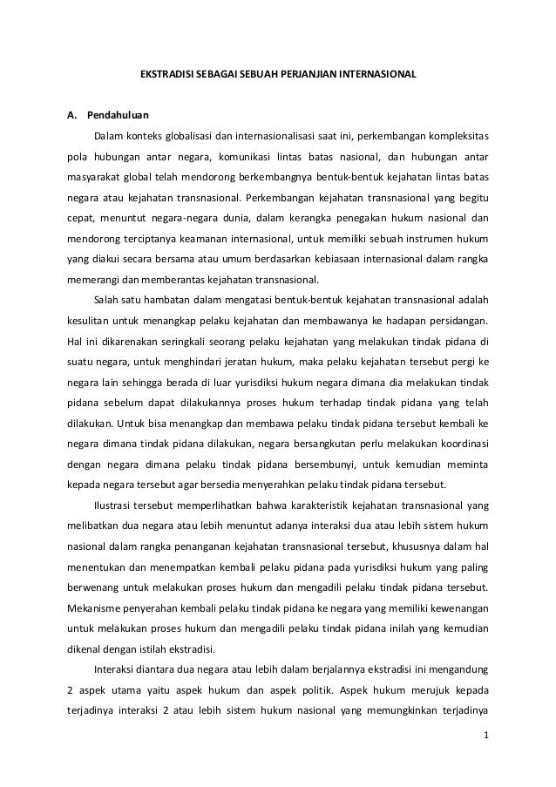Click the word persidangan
tap(454, 319)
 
